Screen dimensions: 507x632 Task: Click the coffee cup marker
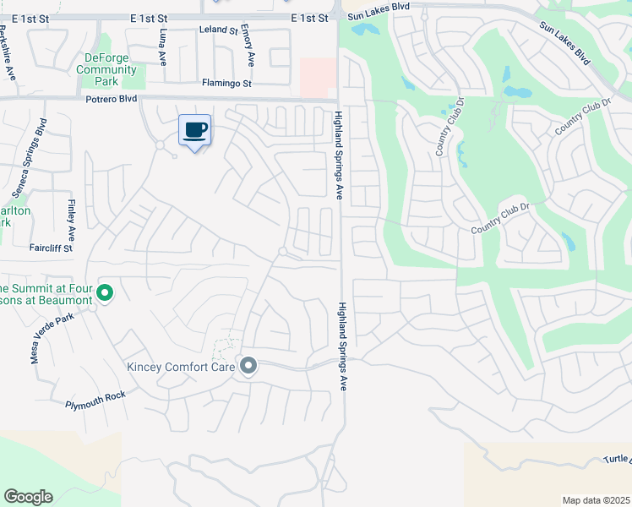click(194, 131)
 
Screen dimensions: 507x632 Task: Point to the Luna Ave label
click(163, 48)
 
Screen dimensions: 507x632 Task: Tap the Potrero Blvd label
click(111, 99)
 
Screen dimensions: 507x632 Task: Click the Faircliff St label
click(51, 248)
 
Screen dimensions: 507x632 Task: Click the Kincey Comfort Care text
click(180, 367)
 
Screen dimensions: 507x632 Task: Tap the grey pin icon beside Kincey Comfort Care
click(248, 366)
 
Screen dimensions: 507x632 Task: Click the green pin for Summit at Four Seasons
click(105, 293)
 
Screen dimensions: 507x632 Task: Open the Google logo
click(28, 497)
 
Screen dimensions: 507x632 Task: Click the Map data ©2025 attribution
click(595, 500)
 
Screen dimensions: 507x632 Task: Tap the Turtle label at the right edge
click(617, 460)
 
